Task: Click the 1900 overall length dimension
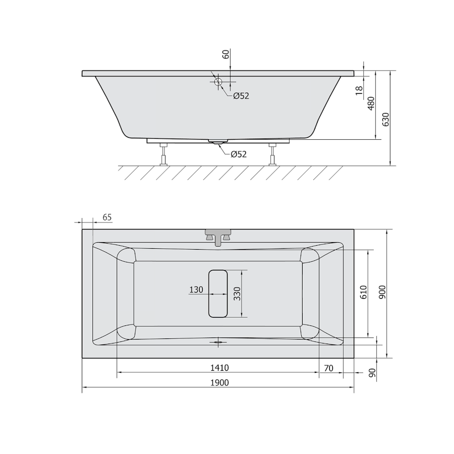coord(219,383)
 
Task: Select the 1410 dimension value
coord(219,368)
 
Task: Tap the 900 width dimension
coord(382,292)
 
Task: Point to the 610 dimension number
coord(364,292)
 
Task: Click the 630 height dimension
coord(386,119)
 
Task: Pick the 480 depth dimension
coord(371,103)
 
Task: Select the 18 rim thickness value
coord(359,90)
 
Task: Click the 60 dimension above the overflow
coord(225,54)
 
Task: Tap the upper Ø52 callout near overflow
coord(241,96)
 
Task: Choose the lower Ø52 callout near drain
coord(239,154)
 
